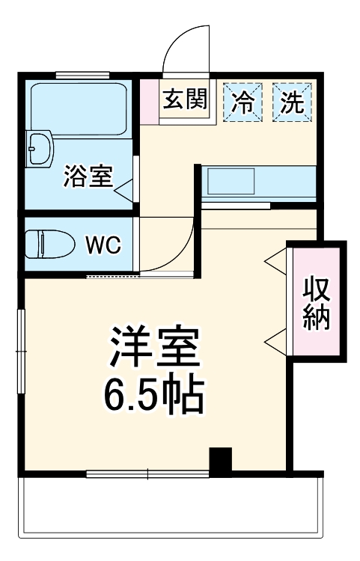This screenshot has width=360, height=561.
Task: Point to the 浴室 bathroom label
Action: pyautogui.click(x=88, y=177)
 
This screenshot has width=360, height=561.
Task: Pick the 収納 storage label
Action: pyautogui.click(x=317, y=304)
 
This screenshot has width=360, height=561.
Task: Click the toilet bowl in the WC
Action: pyautogui.click(x=49, y=244)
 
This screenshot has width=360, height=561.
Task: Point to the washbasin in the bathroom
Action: pyautogui.click(x=39, y=150)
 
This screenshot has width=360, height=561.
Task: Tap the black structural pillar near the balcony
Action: pyautogui.click(x=220, y=460)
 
